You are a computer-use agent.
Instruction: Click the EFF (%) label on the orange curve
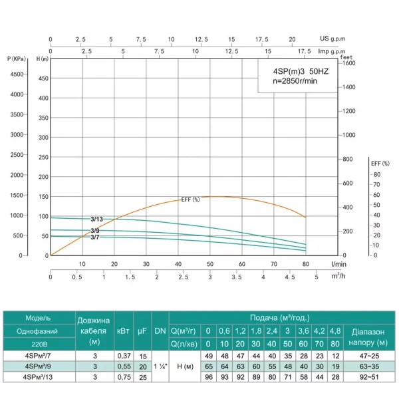coord(191,199)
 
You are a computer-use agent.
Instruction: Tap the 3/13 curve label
coord(96,219)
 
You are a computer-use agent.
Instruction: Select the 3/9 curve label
coord(96,230)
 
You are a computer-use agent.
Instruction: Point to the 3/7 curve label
coord(95,237)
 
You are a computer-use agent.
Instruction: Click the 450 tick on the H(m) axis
coord(44,78)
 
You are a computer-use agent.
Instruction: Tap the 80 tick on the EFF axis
coord(376,174)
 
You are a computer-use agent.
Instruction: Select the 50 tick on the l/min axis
coord(210,264)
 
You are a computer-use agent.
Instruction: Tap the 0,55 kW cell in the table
coord(123,366)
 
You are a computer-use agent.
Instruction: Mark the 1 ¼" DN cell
coord(160,366)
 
